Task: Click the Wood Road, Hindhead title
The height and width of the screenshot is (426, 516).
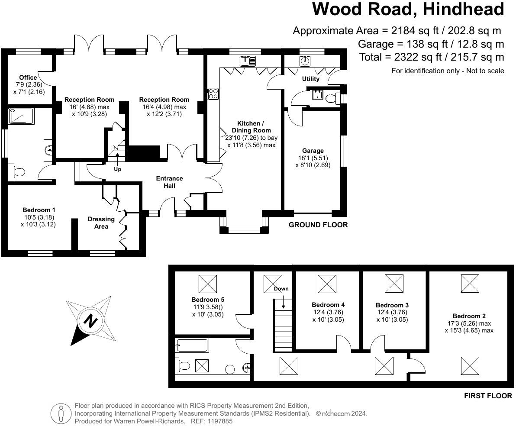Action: coord(408,10)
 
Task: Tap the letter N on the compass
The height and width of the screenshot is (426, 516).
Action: coord(90,321)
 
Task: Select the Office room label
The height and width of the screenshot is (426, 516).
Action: coord(28,77)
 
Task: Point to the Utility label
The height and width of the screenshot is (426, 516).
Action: coord(310,79)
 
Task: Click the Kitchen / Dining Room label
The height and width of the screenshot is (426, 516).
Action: coord(251,127)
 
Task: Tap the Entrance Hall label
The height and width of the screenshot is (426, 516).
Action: coord(169,182)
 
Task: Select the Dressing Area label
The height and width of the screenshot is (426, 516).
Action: coord(101,223)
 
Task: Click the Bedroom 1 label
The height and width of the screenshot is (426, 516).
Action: coord(38,210)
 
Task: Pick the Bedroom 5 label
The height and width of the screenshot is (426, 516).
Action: coord(208,300)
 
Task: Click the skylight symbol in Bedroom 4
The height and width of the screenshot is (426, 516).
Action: coord(327,284)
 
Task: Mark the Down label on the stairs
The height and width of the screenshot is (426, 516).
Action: coord(281,289)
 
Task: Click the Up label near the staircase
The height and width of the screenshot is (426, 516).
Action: coord(117,169)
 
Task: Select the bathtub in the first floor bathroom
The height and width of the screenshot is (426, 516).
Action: coord(192,345)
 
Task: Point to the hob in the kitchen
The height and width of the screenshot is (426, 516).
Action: coord(213,94)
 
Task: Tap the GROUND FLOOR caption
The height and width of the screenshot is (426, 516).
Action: coord(318,225)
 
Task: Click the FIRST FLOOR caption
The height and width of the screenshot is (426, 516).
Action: coord(488,396)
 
